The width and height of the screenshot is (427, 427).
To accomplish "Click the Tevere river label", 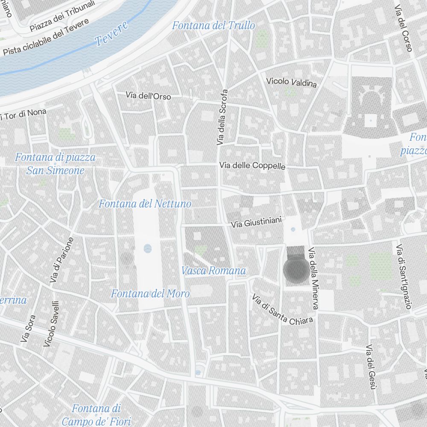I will pyautogui.click(x=111, y=33).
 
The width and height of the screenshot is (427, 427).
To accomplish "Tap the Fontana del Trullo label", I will pyautogui.click(x=213, y=26).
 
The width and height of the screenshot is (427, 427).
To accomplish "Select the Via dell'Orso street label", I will pyautogui.click(x=148, y=96).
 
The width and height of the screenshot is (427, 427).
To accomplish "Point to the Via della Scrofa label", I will pyautogui.click(x=222, y=117).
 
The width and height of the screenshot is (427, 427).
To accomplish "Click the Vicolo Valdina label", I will pyautogui.click(x=291, y=82).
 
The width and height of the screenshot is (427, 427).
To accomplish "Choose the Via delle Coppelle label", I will pyautogui.click(x=252, y=165).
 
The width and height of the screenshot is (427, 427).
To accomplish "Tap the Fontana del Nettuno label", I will pyautogui.click(x=145, y=204).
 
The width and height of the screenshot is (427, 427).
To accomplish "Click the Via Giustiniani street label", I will pyautogui.click(x=256, y=222).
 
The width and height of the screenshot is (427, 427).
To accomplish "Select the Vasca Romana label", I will pyautogui.click(x=213, y=271).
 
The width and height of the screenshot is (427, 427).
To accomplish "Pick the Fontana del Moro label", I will pyautogui.click(x=150, y=294).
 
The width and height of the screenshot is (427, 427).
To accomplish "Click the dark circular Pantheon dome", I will pyautogui.click(x=295, y=270).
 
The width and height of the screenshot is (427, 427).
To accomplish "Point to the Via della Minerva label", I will pyautogui.click(x=313, y=278).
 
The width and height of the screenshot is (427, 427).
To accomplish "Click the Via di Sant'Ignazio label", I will pyautogui.click(x=403, y=277).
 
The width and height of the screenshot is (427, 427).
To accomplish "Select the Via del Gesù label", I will pyautogui.click(x=370, y=367).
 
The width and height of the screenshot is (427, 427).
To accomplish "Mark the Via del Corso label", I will pyautogui.click(x=403, y=29).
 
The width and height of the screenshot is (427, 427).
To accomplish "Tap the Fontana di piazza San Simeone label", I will pyautogui.click(x=56, y=164).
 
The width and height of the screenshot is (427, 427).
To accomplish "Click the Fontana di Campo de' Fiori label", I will pyautogui.click(x=96, y=415).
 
